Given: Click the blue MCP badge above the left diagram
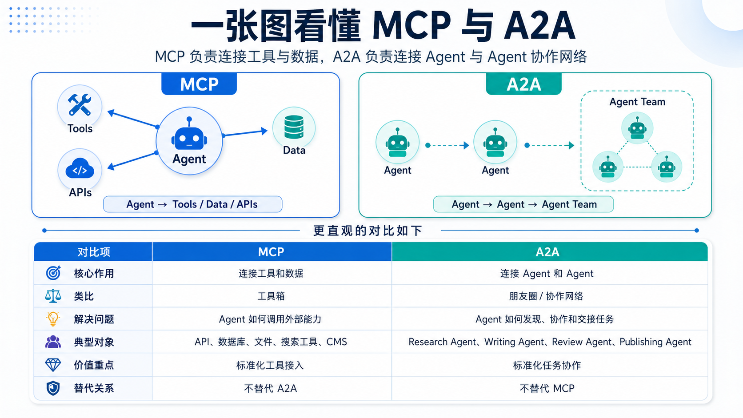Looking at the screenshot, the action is tap(199, 84).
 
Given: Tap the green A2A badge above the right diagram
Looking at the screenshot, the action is tap(523, 84).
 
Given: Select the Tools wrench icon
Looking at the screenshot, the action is tap(80, 105).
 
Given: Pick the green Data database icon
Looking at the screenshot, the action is tap(294, 127).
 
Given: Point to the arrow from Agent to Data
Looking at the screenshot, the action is tap(245, 133).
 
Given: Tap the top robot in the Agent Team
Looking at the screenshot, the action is tap(637, 128).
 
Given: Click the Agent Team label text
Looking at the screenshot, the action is tap(637, 102).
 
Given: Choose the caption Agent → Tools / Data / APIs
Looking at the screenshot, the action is tap(192, 204).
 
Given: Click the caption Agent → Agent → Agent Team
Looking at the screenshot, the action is tap(524, 204).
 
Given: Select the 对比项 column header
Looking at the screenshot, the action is tap(93, 252).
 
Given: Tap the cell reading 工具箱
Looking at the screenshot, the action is tap(271, 296).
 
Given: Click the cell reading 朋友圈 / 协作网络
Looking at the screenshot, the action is tap(546, 296).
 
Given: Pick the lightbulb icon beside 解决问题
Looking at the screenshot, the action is tap(53, 319).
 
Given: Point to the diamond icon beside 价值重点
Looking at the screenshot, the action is tap(53, 365).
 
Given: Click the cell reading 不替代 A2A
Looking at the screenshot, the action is tap(270, 388).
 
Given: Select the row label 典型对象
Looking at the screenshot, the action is tap(94, 342).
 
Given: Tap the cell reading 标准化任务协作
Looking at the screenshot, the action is tap(547, 365).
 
